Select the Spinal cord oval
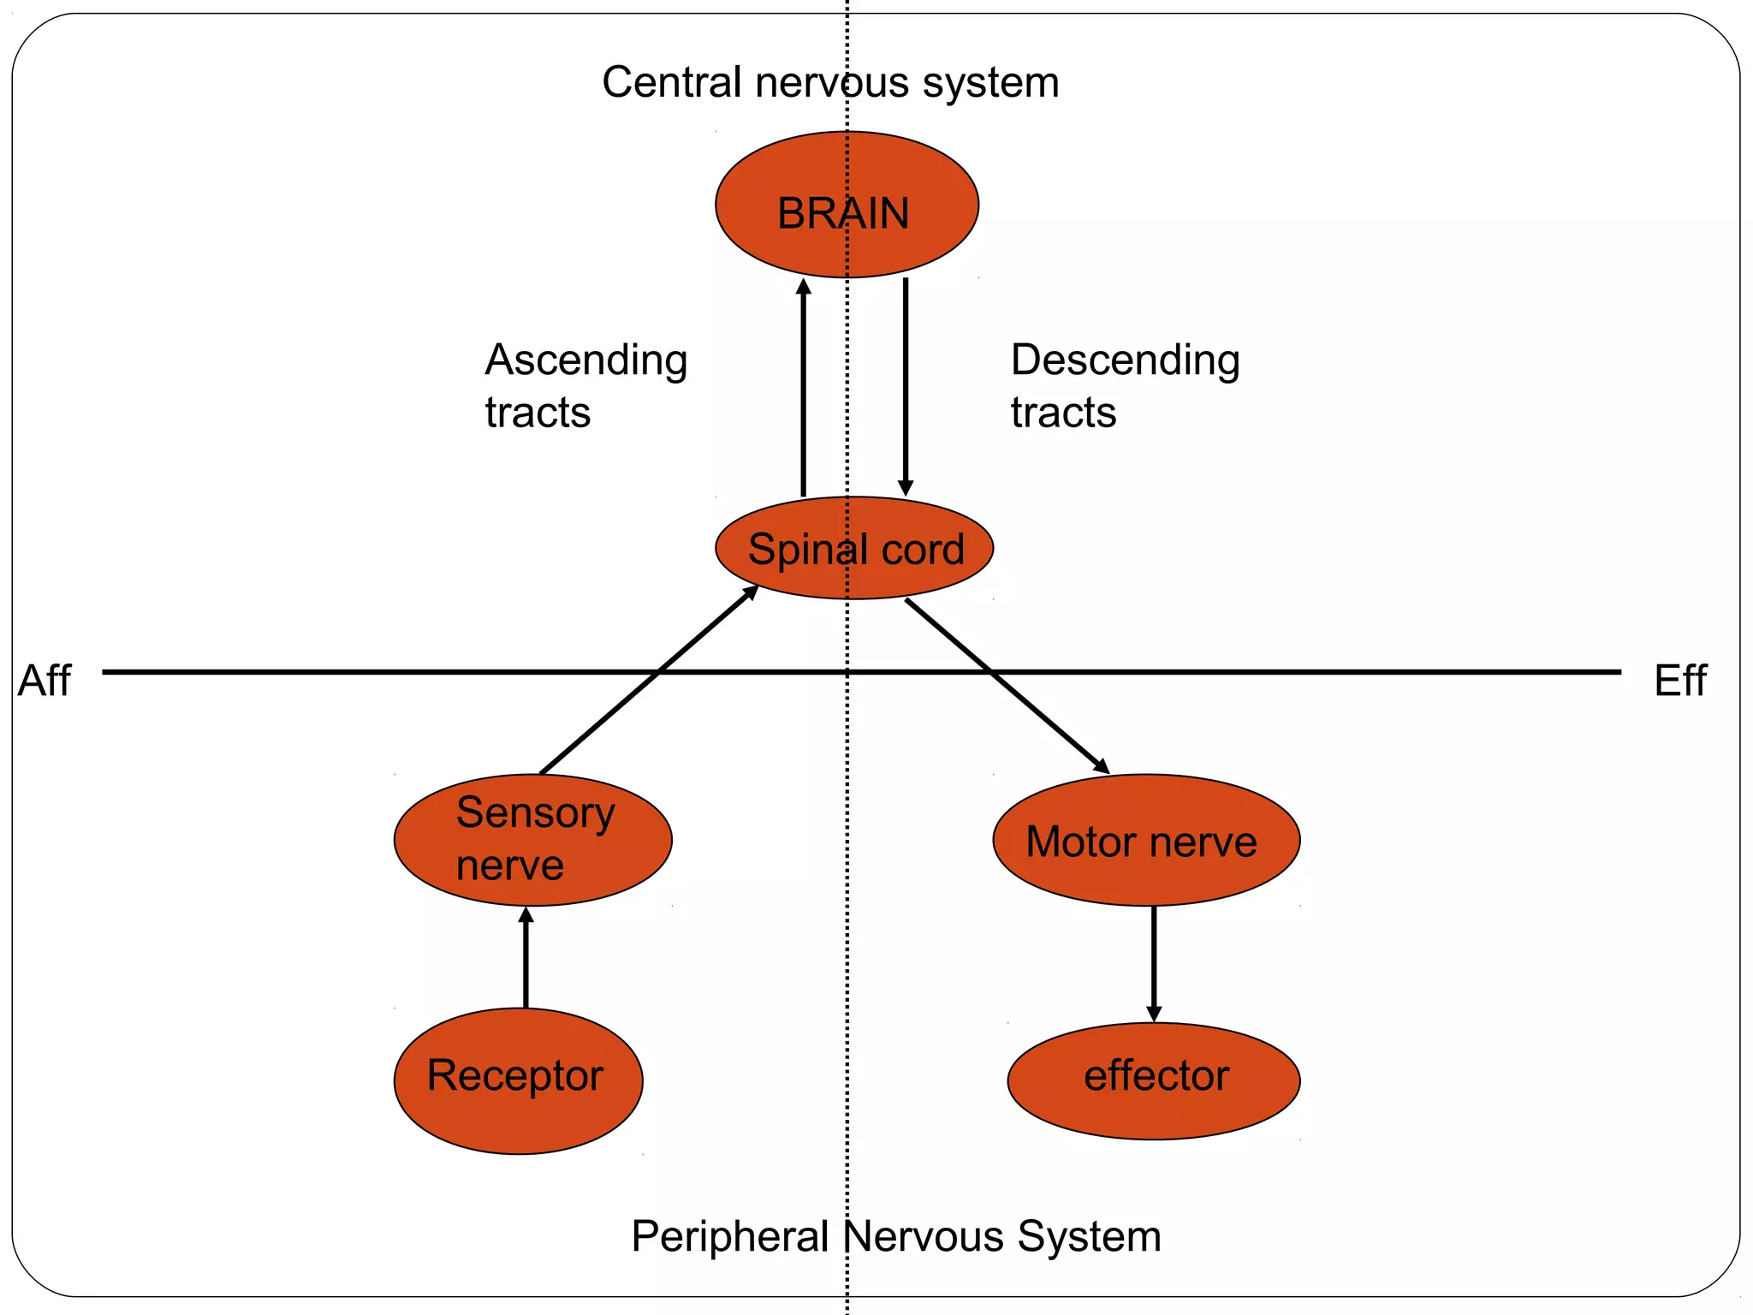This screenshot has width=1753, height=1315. (854, 548)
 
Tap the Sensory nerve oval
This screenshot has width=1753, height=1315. (532, 840)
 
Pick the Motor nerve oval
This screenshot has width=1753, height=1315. (1145, 840)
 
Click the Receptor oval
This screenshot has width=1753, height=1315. (518, 1080)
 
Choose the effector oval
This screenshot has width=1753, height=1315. (1153, 1080)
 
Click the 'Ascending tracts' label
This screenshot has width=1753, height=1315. (585, 385)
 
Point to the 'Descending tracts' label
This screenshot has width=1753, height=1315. (1124, 385)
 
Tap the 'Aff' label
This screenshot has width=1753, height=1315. (45, 681)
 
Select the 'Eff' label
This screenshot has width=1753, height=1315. (1679, 681)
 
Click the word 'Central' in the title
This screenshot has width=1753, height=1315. (671, 83)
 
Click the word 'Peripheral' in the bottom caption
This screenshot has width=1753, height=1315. (729, 1236)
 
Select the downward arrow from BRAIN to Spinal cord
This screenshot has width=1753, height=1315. (906, 385)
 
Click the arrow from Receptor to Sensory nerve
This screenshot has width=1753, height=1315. (526, 959)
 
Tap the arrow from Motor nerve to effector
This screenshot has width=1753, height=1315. (1154, 963)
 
